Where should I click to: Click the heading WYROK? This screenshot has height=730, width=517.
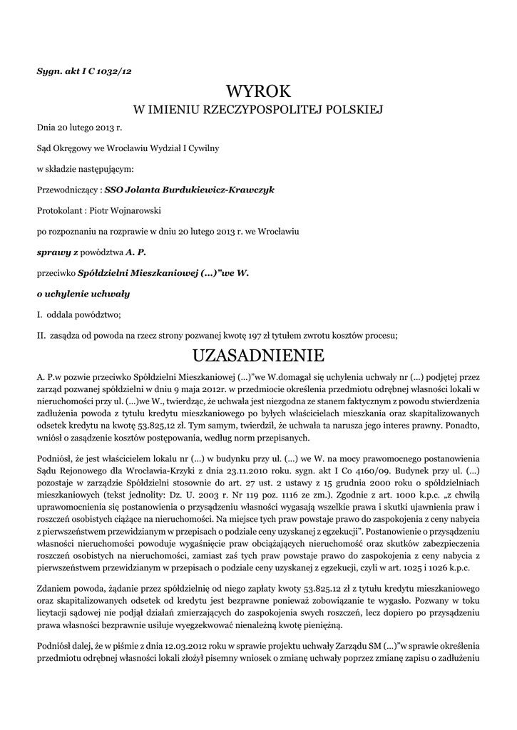tap(258, 91)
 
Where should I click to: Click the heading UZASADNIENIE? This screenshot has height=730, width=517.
tap(258, 354)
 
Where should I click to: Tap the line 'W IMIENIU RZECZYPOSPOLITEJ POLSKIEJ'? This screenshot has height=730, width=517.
tap(258, 110)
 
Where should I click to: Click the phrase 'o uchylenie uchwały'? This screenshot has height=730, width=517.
tap(83, 294)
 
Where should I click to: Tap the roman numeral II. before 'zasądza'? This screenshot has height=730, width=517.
tap(41, 335)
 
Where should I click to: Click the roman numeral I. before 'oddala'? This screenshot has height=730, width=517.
tap(39, 314)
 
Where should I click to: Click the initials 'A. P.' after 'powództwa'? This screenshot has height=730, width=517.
tap(136, 252)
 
